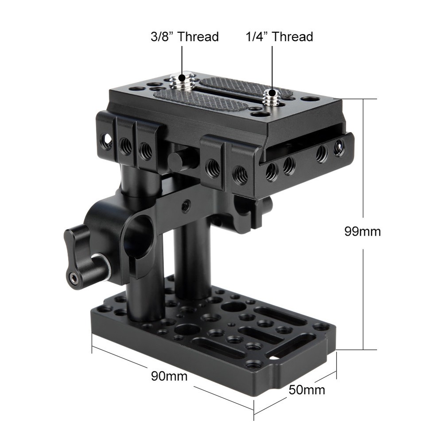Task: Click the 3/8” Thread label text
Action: pos(184,36)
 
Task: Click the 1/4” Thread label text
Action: pos(279,36)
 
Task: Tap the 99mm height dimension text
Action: pos(362,231)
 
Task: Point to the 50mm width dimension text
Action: pos(307,390)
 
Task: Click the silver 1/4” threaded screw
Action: pos(271,96)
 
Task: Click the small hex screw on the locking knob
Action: pos(73,278)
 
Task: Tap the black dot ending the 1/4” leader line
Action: pos(272,90)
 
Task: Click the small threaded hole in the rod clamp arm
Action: pos(187,205)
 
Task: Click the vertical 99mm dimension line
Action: pos(363,177)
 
